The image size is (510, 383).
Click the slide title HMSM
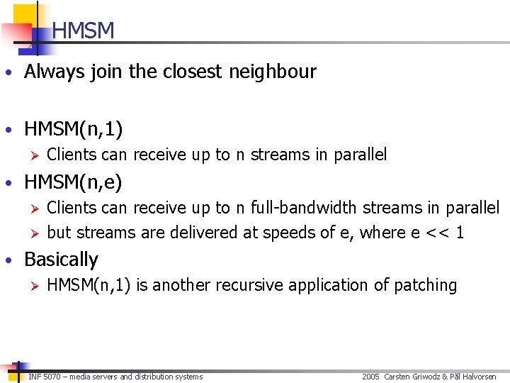[83, 31]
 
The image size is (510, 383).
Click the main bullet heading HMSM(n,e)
[73, 182]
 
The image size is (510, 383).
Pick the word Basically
[61, 260]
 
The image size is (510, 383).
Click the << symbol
[434, 233]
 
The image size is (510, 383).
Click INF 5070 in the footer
[44, 377]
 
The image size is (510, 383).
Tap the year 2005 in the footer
[370, 377]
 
